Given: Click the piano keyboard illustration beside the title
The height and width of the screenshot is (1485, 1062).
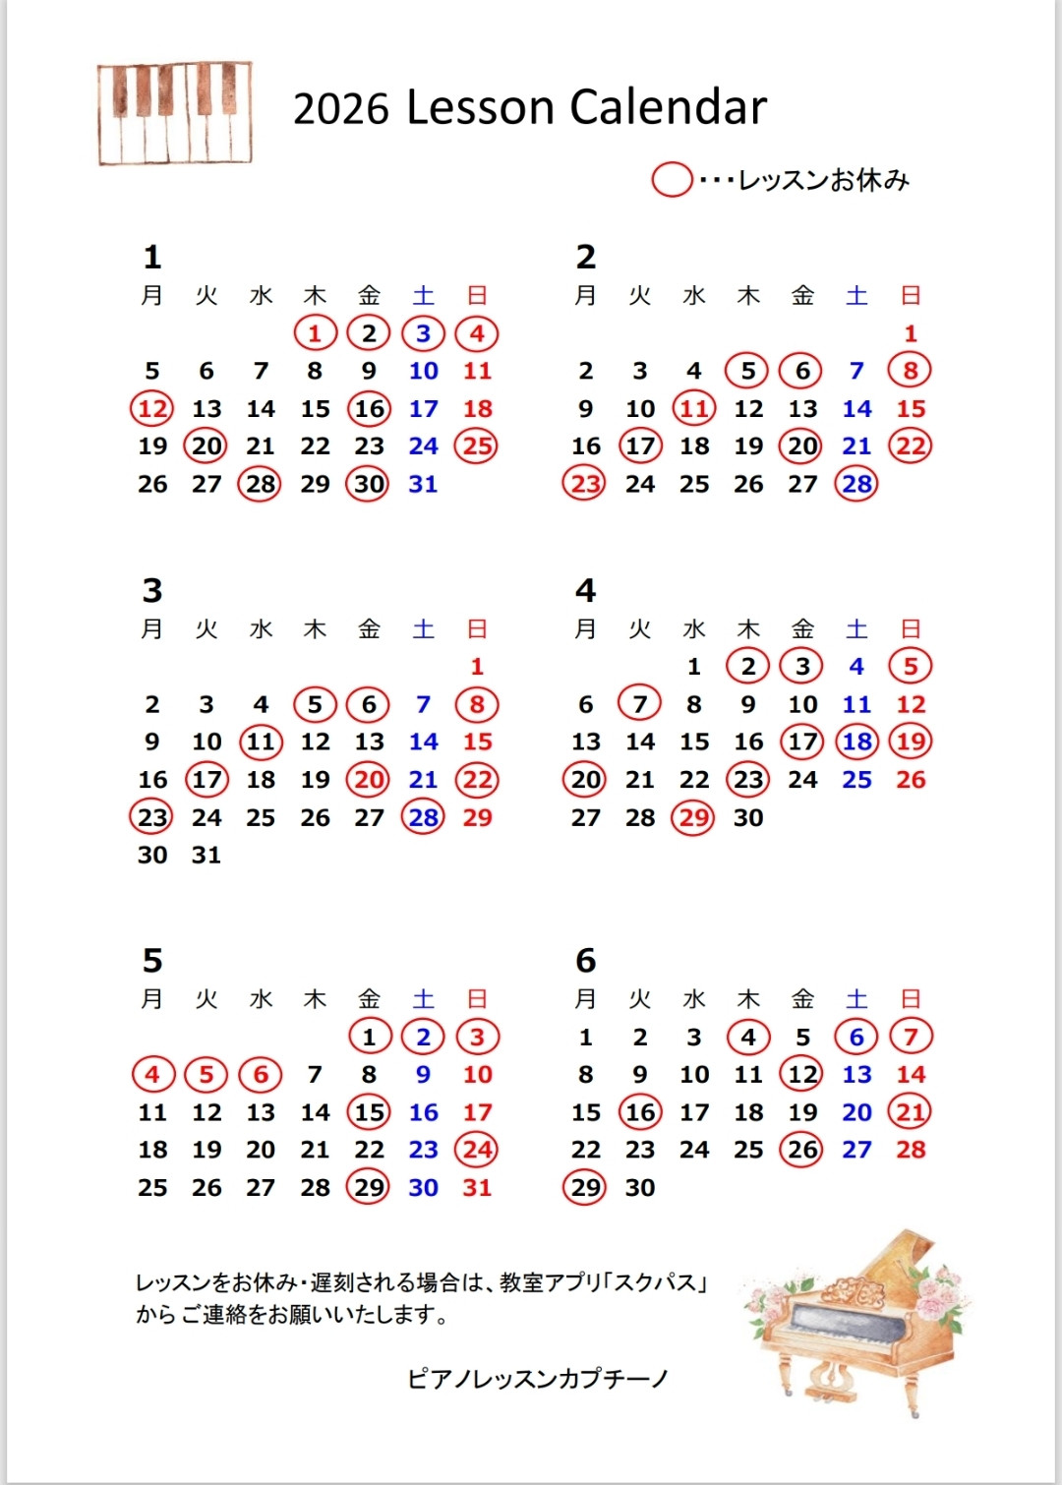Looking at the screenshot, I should pyautogui.click(x=174, y=113).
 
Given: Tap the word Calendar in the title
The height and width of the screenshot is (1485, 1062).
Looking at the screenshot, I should pyautogui.click(x=668, y=108).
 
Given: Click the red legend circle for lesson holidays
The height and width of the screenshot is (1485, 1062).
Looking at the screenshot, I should pyautogui.click(x=673, y=180).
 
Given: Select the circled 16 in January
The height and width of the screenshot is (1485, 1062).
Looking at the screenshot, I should pyautogui.click(x=369, y=409).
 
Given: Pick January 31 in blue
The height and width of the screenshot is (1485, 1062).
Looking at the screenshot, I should pyautogui.click(x=423, y=484).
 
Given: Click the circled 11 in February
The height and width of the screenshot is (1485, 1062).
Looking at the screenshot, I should pyautogui.click(x=694, y=409).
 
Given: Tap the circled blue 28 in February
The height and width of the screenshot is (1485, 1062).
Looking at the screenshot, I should pyautogui.click(x=856, y=484).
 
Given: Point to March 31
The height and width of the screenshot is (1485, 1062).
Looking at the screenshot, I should pyautogui.click(x=206, y=856).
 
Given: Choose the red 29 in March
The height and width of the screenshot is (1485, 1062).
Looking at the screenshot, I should pyautogui.click(x=477, y=817).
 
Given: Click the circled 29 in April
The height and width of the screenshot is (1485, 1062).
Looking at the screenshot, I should pyautogui.click(x=694, y=817).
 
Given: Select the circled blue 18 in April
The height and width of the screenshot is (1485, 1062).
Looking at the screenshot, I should pyautogui.click(x=856, y=742).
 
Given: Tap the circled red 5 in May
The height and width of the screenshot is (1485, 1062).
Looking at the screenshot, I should pyautogui.click(x=206, y=1075).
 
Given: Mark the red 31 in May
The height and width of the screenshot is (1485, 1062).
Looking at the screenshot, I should pyautogui.click(x=477, y=1188).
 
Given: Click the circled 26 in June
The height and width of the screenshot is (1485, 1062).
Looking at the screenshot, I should pyautogui.click(x=802, y=1150).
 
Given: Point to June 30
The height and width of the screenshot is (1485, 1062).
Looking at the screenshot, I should pyautogui.click(x=640, y=1188).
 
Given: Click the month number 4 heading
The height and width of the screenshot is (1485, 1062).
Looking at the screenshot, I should pyautogui.click(x=586, y=590).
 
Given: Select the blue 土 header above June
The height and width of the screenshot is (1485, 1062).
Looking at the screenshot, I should pyautogui.click(x=856, y=999).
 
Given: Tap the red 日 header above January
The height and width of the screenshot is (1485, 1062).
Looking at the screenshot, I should pyautogui.click(x=477, y=295).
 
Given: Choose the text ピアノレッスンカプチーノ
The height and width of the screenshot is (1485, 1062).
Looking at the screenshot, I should pyautogui.click(x=538, y=1379).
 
